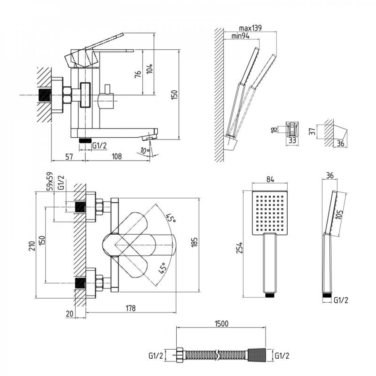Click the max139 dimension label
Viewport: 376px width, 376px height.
[x=250, y=28]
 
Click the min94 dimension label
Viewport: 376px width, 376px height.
[x=241, y=36]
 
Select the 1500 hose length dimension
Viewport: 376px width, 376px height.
[x=221, y=324]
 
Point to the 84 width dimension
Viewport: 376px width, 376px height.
[x=270, y=179]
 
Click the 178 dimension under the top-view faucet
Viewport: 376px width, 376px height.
[x=131, y=308]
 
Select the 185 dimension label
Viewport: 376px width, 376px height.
[x=194, y=242]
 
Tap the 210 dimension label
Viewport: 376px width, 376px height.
[x=32, y=246]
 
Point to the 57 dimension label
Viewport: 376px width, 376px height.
[x=69, y=157]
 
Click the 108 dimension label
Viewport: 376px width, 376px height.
[x=117, y=156]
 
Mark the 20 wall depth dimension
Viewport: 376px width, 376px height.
[x=69, y=314]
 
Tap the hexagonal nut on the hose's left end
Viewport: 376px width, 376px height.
[x=180, y=355]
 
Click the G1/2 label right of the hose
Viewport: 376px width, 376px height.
[x=282, y=356]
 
